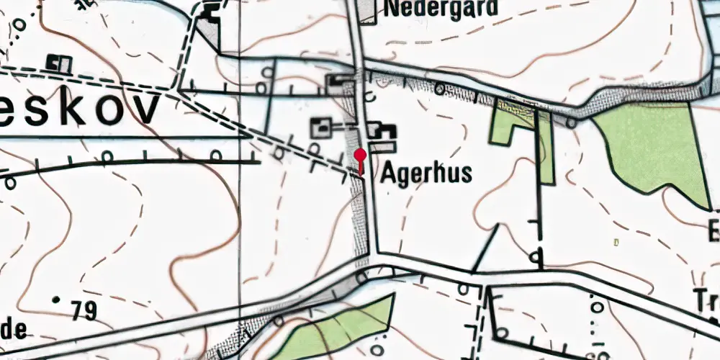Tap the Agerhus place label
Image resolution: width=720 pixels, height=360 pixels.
(x=426, y=173)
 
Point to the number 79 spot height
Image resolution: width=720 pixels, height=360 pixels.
(x=84, y=310)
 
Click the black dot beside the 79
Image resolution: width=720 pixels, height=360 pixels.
(x=57, y=299)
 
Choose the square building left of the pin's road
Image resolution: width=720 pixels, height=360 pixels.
(x=322, y=129)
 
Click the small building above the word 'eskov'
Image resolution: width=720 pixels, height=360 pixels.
(x=58, y=63)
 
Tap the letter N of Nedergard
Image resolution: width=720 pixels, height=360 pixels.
(x=395, y=8)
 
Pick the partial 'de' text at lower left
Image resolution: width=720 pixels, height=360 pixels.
(x=13, y=330)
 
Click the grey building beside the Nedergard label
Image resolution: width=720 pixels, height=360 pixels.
(x=367, y=11)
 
